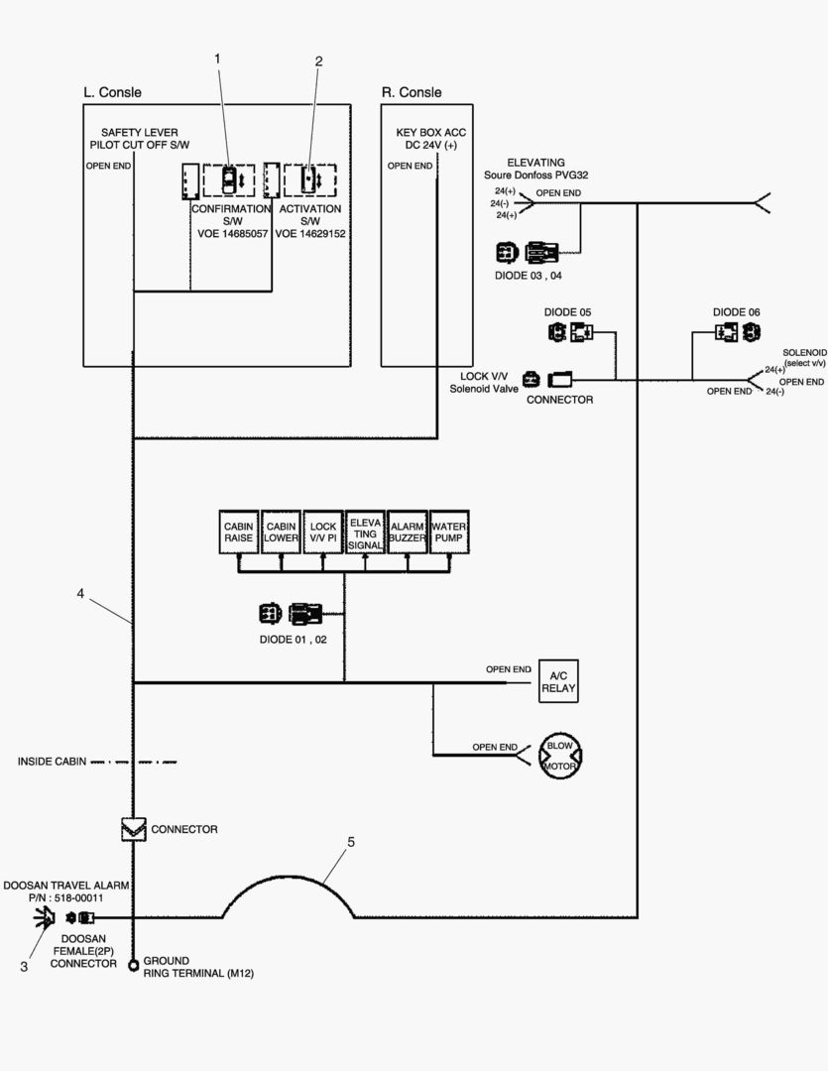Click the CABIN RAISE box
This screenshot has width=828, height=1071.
click(x=239, y=532)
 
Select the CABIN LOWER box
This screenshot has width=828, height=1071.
click(x=281, y=532)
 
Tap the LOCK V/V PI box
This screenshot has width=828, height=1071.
click(x=323, y=532)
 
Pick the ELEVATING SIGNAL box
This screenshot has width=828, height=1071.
click(x=365, y=532)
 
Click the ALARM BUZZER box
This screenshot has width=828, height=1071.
click(x=407, y=532)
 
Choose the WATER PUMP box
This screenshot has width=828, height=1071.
click(x=449, y=532)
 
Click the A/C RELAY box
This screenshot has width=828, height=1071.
click(x=557, y=681)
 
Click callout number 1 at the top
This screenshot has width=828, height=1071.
click(x=217, y=59)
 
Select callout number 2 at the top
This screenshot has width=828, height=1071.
click(x=318, y=60)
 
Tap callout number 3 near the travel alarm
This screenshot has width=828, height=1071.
click(x=24, y=967)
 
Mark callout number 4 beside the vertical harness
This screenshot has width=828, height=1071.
click(x=80, y=594)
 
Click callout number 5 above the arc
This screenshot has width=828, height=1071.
click(x=351, y=841)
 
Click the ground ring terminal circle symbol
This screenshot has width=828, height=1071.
click(x=133, y=966)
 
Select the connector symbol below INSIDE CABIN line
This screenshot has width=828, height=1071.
click(x=133, y=829)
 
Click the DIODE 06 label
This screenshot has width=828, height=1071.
click(x=737, y=311)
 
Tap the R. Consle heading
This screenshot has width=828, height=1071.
click(x=412, y=92)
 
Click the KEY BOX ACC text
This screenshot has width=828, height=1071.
click(x=430, y=132)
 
